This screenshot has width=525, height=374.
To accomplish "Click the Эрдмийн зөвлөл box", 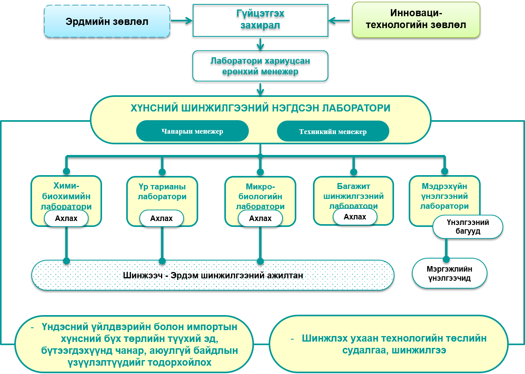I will tap(107, 21).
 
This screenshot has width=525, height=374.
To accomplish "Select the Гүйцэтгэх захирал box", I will tap(260, 20).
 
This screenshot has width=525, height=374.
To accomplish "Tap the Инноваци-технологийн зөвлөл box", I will tap(416, 19).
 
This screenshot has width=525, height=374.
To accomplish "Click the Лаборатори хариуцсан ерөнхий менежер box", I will tap(260, 66).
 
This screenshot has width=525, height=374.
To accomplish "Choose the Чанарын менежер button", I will tap(192, 131).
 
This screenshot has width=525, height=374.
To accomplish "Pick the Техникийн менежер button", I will tap(333, 132).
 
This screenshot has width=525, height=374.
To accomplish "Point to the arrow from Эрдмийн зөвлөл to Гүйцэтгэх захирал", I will tap(182, 21).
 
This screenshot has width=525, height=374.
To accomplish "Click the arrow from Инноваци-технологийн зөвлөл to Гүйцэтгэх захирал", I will tap(339, 21).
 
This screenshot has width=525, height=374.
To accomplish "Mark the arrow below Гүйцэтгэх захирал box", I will tap(260, 44).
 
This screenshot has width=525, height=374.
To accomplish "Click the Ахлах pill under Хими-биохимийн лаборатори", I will tap(66, 218).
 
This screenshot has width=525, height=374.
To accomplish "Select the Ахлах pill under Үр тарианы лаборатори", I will tap(161, 218).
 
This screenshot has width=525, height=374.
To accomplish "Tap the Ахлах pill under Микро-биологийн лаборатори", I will tap(260, 218).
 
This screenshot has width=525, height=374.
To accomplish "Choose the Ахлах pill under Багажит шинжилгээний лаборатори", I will tap(355, 217).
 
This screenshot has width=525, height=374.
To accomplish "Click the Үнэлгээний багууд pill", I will tap(468, 227).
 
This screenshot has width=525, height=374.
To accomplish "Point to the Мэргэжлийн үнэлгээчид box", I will tap(449, 274).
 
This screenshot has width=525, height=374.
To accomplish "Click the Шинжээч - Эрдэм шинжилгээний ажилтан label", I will tap(213, 275).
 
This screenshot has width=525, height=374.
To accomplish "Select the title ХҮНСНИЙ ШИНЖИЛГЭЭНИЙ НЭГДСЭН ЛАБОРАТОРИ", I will tap(260, 108).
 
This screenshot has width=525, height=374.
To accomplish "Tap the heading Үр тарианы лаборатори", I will tap(162, 192).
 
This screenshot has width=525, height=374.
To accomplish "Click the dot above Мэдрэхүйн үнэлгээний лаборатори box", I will tap(445, 171).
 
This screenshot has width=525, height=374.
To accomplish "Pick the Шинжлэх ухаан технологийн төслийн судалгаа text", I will tap(394, 344).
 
